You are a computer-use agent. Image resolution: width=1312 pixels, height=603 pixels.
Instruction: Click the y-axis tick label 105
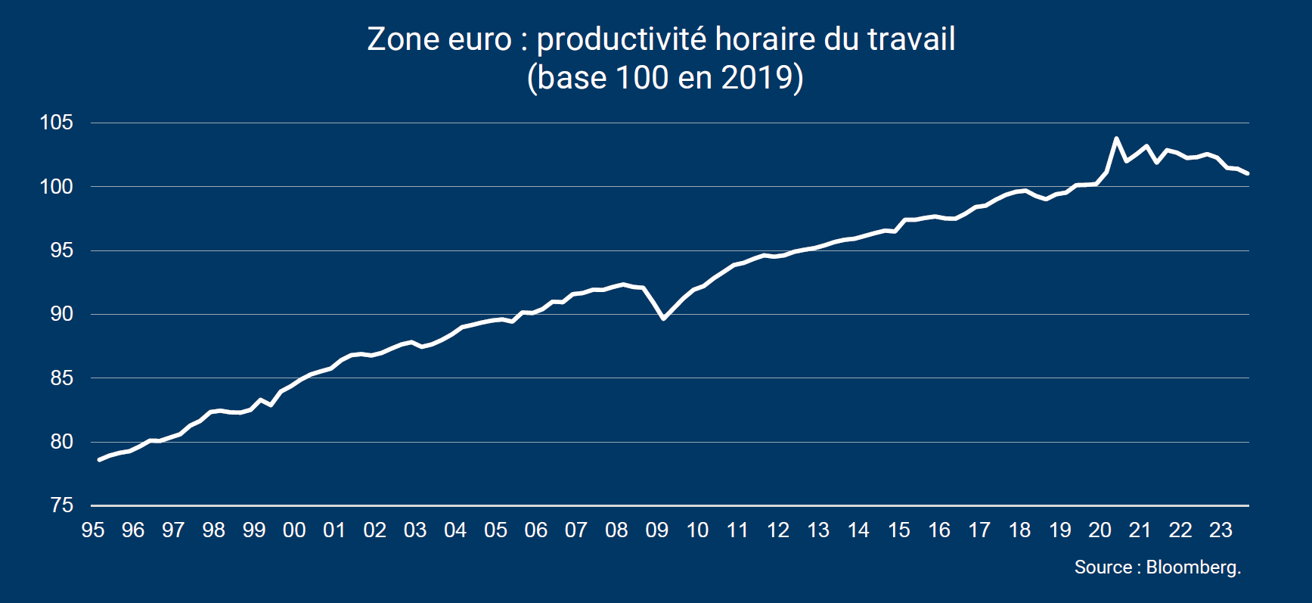pyautogui.click(x=57, y=123)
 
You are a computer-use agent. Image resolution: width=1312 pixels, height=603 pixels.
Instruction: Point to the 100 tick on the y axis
pyautogui.click(x=57, y=186)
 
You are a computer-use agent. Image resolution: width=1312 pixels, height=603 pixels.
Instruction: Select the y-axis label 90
pyautogui.click(x=61, y=314)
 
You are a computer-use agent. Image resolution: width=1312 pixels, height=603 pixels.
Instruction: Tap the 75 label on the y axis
pyautogui.click(x=61, y=505)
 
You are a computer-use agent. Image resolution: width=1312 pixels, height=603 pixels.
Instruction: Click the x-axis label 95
pyautogui.click(x=92, y=530)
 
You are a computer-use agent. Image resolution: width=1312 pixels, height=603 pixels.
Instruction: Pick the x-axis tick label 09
pyautogui.click(x=656, y=530)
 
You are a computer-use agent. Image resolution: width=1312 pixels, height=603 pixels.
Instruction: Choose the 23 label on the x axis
pyautogui.click(x=1221, y=530)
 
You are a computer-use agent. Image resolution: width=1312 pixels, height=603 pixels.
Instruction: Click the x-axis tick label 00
pyautogui.click(x=294, y=530)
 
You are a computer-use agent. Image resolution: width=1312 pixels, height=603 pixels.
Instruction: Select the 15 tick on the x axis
pyautogui.click(x=898, y=530)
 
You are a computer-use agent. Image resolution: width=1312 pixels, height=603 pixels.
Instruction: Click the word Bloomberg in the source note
pyautogui.click(x=1193, y=567)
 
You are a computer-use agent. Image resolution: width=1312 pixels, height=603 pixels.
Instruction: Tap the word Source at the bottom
pyautogui.click(x=1103, y=567)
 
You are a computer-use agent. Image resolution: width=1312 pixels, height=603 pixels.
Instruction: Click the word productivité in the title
pyautogui.click(x=621, y=40)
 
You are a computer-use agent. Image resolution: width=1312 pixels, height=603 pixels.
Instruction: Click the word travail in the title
pyautogui.click(x=911, y=40)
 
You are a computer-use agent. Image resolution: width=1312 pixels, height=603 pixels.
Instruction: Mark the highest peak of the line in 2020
pyautogui.click(x=1116, y=138)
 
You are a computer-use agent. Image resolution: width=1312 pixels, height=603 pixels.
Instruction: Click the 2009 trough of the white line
pyautogui.click(x=663, y=319)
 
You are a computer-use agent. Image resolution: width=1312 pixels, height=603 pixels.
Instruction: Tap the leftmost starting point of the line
pyautogui.click(x=99, y=459)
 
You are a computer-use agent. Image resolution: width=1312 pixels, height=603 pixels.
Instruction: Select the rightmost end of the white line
pyautogui.click(x=1247, y=174)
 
